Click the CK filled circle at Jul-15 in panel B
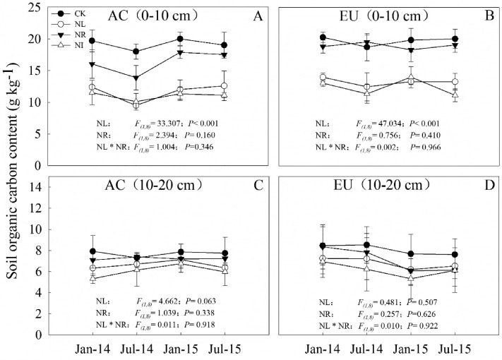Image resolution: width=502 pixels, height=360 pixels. [x=455, y=40]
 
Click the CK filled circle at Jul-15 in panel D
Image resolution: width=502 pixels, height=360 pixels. [x=455, y=255]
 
